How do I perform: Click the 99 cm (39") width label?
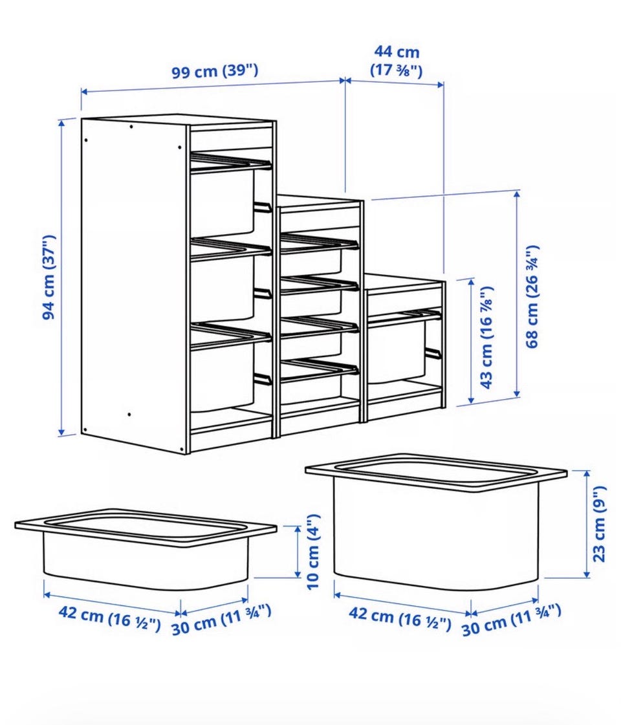(x=215, y=71)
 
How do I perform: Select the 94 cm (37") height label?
(x=49, y=277)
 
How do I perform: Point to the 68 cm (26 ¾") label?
(x=532, y=296)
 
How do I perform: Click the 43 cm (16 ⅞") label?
(x=486, y=338)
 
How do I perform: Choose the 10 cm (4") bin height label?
(x=313, y=551)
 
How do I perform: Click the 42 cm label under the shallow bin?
(x=109, y=618)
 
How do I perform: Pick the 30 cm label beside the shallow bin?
(x=221, y=619)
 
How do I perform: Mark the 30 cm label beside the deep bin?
(x=512, y=619)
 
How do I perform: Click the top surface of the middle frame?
(x=319, y=201)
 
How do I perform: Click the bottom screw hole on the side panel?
(x=129, y=415)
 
